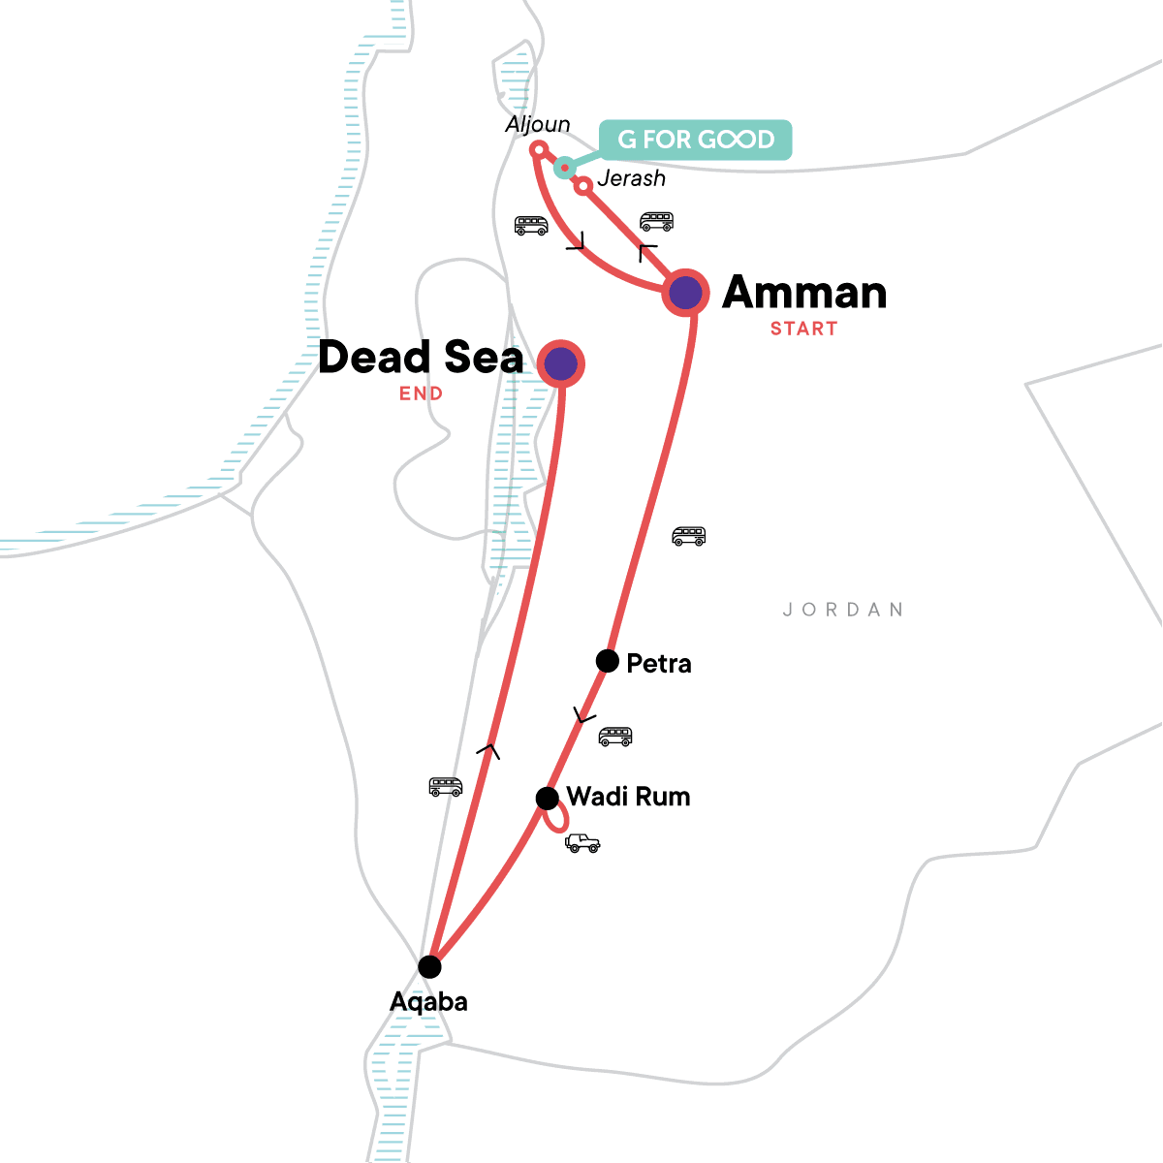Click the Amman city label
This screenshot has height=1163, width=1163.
[x=804, y=292]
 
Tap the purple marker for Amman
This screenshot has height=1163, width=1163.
[x=686, y=291]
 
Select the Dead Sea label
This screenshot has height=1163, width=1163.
[x=421, y=358]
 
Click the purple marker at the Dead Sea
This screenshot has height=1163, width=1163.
[x=561, y=364]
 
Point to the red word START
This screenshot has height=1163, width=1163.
[x=803, y=329]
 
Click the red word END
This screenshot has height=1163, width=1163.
[x=421, y=393]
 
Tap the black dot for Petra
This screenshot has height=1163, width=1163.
[x=608, y=661]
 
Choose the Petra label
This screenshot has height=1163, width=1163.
[x=659, y=664]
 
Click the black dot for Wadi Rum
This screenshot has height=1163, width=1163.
[x=548, y=799]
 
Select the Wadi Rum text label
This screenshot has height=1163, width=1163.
[x=628, y=797]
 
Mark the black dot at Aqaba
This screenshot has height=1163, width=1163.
[x=429, y=966]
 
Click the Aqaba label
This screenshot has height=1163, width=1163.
[x=428, y=1001]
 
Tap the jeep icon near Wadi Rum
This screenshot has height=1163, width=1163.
[x=582, y=843]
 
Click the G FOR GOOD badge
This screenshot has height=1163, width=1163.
[x=696, y=140]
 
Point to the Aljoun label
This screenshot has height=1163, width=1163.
[x=538, y=125]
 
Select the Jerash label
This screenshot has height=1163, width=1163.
[x=632, y=178]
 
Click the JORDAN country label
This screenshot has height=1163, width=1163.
[x=843, y=610]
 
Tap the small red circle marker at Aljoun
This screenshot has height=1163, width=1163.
[x=539, y=149]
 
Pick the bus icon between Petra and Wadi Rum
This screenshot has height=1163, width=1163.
[x=615, y=737]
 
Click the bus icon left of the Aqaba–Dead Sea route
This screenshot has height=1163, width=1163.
[x=446, y=786]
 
